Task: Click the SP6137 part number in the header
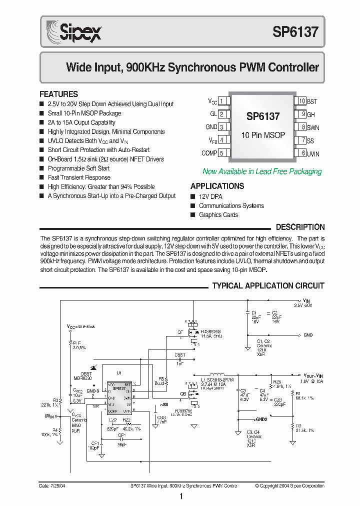(295, 32)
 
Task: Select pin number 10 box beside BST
(301, 101)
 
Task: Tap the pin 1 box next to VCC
(224, 101)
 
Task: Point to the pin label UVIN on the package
(313, 154)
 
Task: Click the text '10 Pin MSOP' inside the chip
(263, 135)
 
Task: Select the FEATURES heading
(58, 94)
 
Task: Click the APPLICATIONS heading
(217, 186)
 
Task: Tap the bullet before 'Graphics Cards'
(193, 215)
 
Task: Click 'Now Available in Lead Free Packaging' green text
(262, 171)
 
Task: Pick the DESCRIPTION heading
(300, 227)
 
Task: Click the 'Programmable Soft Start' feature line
(79, 168)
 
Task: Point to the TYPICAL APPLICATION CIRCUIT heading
(268, 286)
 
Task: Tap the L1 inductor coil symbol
(217, 374)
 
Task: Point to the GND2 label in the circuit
(260, 419)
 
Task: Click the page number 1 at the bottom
(180, 496)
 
